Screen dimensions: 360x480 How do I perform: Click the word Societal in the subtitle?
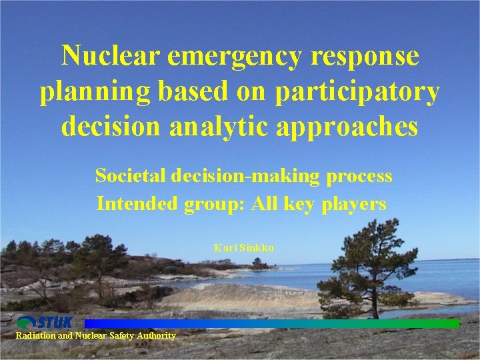(x=131, y=176)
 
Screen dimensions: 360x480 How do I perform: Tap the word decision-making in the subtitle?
(x=246, y=176)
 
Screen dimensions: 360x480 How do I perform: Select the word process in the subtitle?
(x=359, y=177)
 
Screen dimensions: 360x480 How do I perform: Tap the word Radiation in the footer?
(x=35, y=336)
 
